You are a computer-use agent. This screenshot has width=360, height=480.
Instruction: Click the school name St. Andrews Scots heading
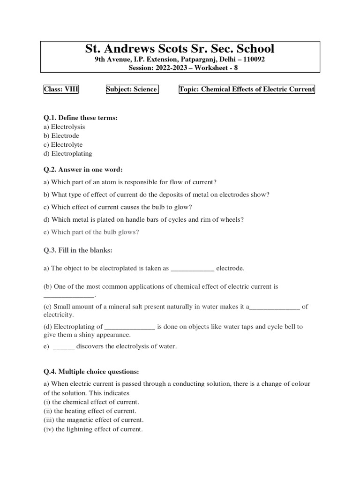coord(180,49)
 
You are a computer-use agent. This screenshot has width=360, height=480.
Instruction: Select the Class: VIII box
coord(61,90)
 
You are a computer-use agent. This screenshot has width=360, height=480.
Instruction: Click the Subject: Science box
coord(132,90)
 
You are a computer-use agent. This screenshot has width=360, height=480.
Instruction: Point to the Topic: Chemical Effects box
coord(247,90)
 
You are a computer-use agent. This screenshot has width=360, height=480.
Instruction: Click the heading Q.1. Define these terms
coord(81,118)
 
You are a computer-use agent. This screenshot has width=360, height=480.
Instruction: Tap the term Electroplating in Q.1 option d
coord(71,153)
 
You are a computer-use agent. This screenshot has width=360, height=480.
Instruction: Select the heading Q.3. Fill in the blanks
coord(78,250)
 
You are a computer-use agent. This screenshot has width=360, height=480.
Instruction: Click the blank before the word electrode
coord(192,269)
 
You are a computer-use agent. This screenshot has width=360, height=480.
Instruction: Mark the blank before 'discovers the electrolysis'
coord(64,347)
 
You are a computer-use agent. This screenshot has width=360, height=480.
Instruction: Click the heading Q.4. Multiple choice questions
coord(91,372)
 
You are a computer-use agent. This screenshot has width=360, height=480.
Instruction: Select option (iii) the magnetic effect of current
coord(94,420)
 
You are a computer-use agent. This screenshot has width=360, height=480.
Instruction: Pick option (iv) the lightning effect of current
coord(93,429)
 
